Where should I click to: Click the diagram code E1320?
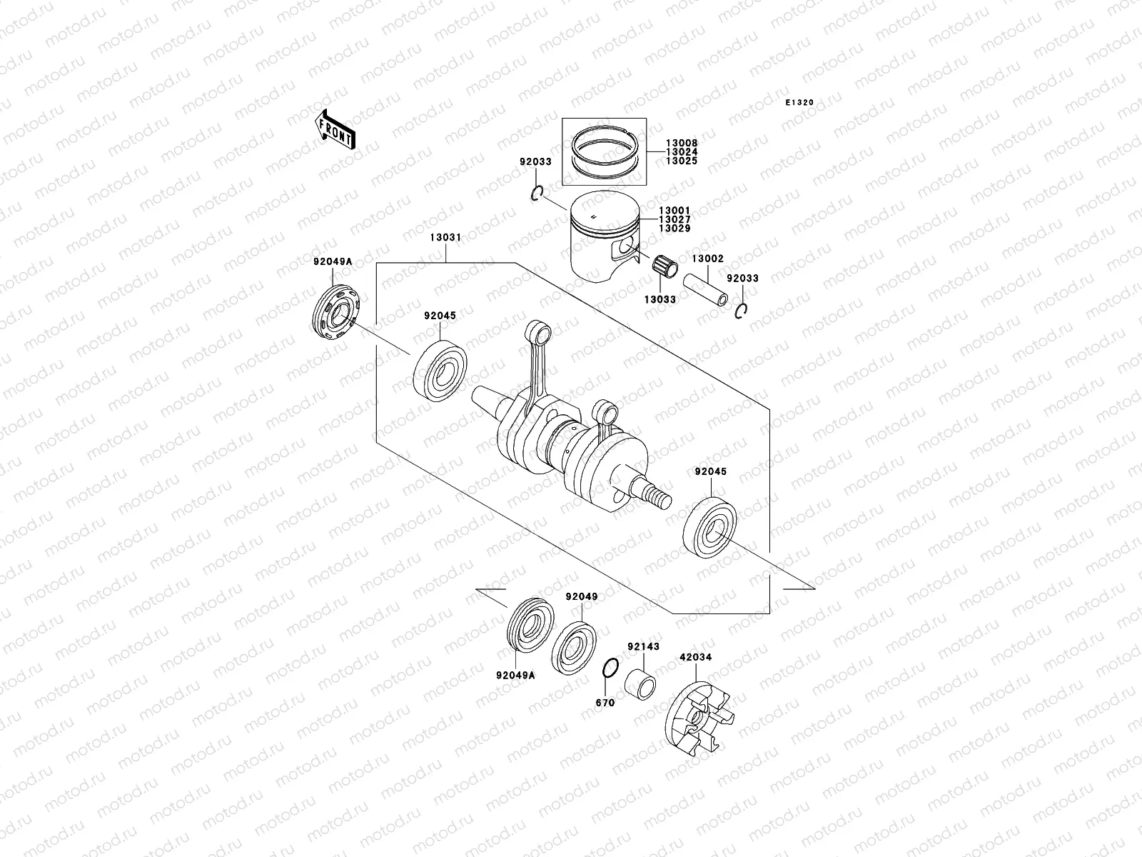(x=799, y=103)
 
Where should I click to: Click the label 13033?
(x=660, y=299)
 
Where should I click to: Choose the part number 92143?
(x=643, y=647)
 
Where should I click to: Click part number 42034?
(x=695, y=657)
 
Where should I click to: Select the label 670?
(x=605, y=703)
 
